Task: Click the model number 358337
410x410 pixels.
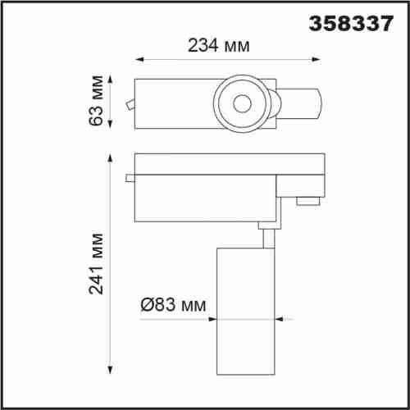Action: (x=351, y=23)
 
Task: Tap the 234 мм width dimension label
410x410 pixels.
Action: (x=219, y=45)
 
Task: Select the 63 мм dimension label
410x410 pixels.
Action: (x=96, y=100)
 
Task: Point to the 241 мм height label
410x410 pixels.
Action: (x=96, y=264)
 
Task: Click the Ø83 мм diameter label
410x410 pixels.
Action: (x=173, y=304)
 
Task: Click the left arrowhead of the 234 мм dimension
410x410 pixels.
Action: (x=139, y=59)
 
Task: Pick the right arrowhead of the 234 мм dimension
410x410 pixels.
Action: (x=316, y=59)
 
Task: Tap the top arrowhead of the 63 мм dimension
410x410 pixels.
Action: (x=110, y=80)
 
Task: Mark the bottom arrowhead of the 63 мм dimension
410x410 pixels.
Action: (x=110, y=124)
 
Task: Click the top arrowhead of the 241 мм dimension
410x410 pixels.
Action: (x=110, y=158)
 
